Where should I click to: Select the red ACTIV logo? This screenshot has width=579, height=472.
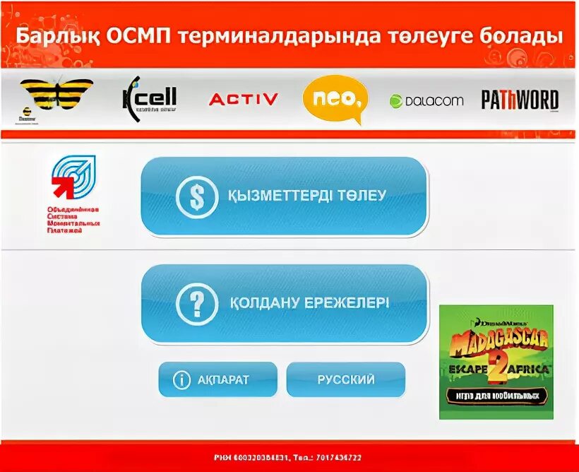point(244,100)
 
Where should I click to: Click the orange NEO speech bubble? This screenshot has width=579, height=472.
point(335,100)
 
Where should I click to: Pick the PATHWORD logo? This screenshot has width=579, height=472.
point(520,100)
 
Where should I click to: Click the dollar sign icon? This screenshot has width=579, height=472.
point(197,196)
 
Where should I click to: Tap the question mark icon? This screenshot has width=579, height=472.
point(197,304)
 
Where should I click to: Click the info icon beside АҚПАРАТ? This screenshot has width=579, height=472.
point(181,380)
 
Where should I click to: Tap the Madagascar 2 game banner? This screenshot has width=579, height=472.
point(496,362)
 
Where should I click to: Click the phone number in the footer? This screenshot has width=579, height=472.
point(335,458)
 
